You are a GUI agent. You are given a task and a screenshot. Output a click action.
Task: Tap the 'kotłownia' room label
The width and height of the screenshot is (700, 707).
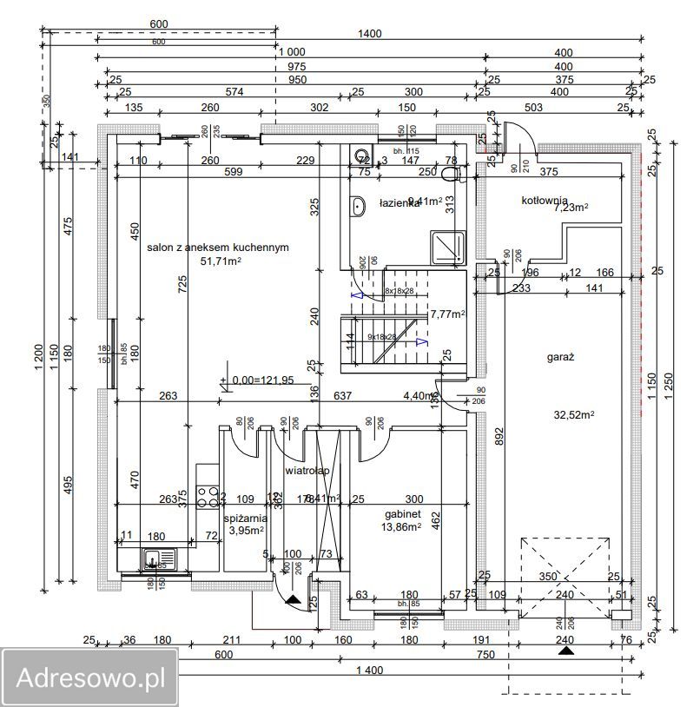(545, 200)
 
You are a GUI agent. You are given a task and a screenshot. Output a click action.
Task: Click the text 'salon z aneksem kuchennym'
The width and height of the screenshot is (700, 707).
(218, 247)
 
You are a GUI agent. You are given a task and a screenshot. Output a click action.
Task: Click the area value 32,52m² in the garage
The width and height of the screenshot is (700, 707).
(574, 415)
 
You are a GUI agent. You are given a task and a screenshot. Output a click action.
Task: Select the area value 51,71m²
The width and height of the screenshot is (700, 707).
(221, 261)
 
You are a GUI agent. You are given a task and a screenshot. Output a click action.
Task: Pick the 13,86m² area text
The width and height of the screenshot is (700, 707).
(401, 526)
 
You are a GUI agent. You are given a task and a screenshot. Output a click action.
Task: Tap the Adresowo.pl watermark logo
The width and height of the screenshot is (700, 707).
(89, 677)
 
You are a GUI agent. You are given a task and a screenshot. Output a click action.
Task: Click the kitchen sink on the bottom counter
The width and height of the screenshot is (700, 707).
(157, 559)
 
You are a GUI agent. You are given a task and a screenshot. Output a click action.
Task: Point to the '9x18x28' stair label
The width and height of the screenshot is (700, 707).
(382, 336)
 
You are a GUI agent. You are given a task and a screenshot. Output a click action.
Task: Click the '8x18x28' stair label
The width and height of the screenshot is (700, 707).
(399, 291)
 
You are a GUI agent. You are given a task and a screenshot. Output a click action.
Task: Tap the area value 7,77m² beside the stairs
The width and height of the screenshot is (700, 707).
(448, 314)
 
